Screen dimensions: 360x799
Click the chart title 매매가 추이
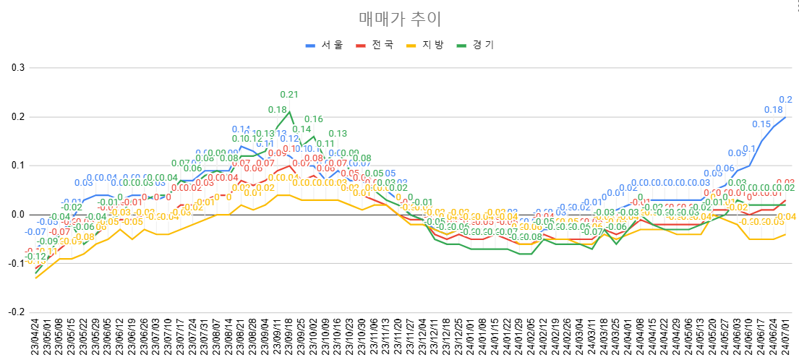pos(399,19)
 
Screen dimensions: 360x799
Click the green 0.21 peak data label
pos(289,94)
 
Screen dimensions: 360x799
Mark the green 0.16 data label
pos(313,119)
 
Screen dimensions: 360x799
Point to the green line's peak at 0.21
pos(289,112)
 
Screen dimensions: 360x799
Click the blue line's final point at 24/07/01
pos(785,117)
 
